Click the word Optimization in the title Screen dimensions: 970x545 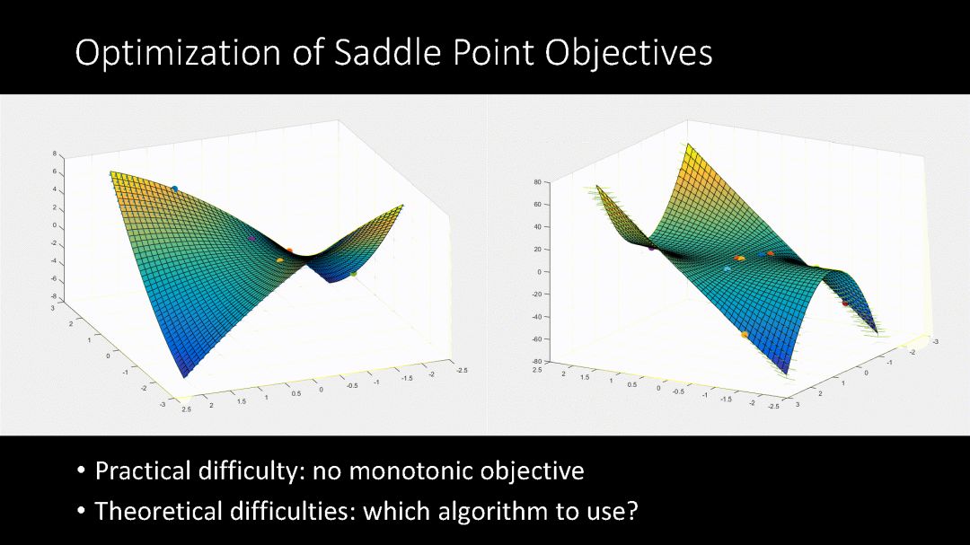click(x=178, y=54)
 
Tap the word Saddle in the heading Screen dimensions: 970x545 click(x=387, y=52)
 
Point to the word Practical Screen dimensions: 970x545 click(x=143, y=471)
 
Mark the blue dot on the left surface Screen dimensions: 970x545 click(x=174, y=189)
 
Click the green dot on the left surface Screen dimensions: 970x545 click(x=354, y=274)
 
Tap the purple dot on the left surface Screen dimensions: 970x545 click(x=251, y=238)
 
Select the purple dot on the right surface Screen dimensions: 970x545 click(x=651, y=248)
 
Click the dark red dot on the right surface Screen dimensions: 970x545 click(x=845, y=303)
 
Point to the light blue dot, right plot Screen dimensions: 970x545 click(x=727, y=269)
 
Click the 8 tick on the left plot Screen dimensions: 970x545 click(x=55, y=154)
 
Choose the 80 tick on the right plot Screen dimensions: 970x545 click(x=537, y=182)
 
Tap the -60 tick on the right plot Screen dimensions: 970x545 click(x=535, y=339)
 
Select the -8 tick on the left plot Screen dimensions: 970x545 click(x=54, y=296)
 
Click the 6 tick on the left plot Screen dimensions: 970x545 click(x=55, y=172)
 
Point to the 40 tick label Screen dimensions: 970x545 click(x=537, y=227)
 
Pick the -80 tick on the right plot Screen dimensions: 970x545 click(x=535, y=361)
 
